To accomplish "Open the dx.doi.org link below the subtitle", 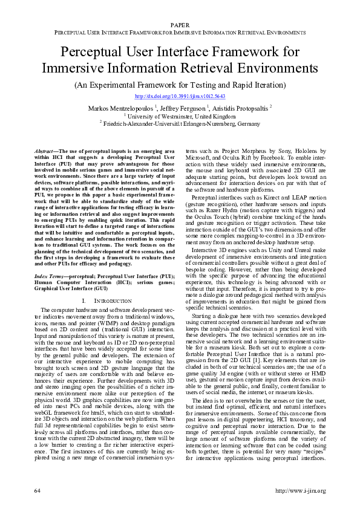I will (180, 96).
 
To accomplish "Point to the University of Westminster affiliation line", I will (180, 115).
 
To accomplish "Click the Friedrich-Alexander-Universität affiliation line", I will (180, 123).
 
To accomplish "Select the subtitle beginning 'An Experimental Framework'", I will (180, 85).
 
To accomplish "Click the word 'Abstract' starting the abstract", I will (43, 149).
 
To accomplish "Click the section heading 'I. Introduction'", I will (106, 300).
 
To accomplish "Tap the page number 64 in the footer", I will (38, 490).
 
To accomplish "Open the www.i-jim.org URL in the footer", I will (300, 490).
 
